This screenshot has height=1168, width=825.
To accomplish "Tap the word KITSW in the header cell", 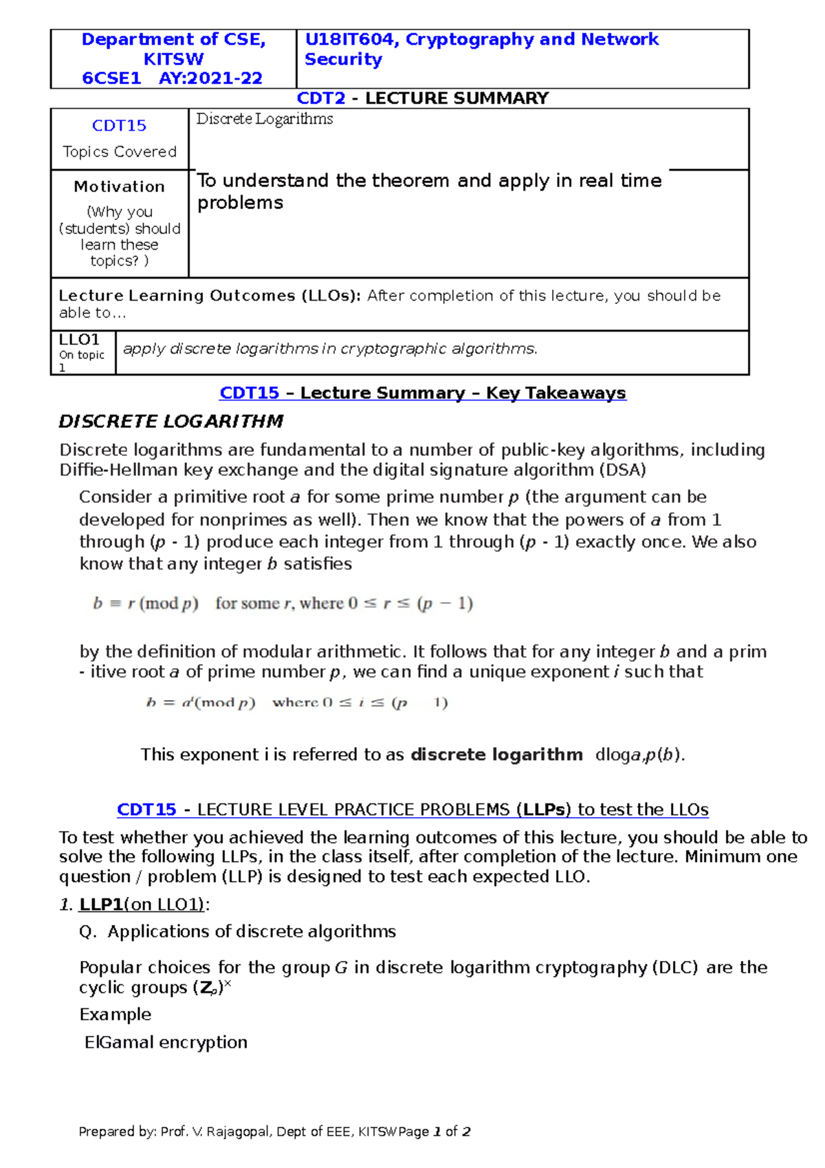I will click(173, 59).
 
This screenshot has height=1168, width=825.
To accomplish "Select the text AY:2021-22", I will click(210, 78).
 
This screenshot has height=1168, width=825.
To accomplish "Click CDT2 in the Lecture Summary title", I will click(320, 98).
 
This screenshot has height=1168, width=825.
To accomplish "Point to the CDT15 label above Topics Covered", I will click(119, 126).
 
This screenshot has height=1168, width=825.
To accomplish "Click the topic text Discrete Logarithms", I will click(265, 119).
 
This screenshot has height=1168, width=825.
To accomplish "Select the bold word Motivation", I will click(119, 186).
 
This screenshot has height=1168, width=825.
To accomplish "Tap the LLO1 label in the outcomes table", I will click(79, 340).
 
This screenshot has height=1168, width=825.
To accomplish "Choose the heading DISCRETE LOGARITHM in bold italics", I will click(170, 421).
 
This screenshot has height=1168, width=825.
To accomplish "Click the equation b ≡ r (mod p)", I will click(146, 604).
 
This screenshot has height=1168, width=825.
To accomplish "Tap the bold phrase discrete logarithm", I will click(496, 755).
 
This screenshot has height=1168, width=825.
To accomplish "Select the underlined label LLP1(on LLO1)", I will click(142, 905).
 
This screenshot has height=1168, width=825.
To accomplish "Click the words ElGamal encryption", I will click(166, 1043).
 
